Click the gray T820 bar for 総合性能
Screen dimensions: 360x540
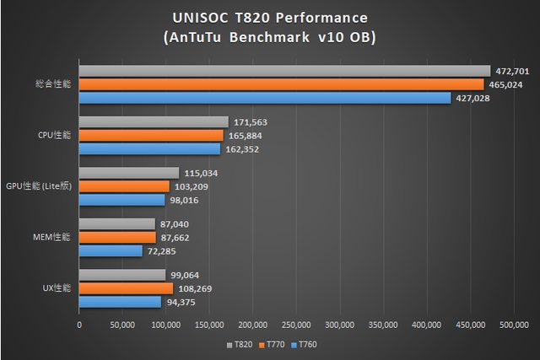tap(284, 71)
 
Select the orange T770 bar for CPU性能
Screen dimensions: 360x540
tap(151, 136)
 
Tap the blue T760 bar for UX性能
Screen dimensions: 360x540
tap(120, 302)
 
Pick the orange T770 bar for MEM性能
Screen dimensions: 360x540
tap(120, 238)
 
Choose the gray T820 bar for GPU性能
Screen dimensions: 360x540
tap(129, 173)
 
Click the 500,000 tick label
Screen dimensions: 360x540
tap(514, 324)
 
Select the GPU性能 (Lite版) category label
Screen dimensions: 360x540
tap(39, 186)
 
